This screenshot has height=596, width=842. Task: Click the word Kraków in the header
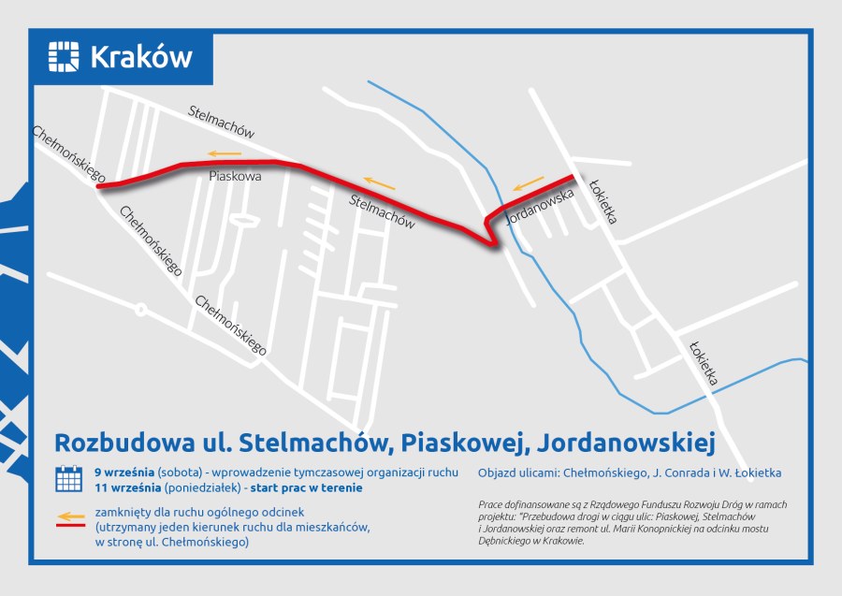tap(141, 57)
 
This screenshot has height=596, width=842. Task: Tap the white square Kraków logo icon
tap(65, 57)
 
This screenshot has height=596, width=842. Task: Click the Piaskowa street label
tap(235, 176)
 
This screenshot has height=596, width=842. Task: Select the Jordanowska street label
tap(538, 205)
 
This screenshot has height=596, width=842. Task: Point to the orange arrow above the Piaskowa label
tap(225, 153)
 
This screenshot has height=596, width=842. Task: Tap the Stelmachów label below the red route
tap(382, 211)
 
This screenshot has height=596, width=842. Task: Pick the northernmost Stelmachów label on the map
tap(221, 122)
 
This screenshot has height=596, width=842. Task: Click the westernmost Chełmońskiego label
tap(68, 153)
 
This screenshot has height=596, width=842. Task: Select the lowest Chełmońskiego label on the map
tap(231, 327)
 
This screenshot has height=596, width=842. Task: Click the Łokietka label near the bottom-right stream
tap(704, 363)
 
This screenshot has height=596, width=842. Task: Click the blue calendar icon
tap(68, 478)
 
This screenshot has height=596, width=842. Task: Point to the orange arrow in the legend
tap(68, 515)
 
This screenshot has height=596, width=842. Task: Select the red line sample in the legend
tap(68, 526)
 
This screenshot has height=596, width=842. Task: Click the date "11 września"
tap(126, 487)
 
